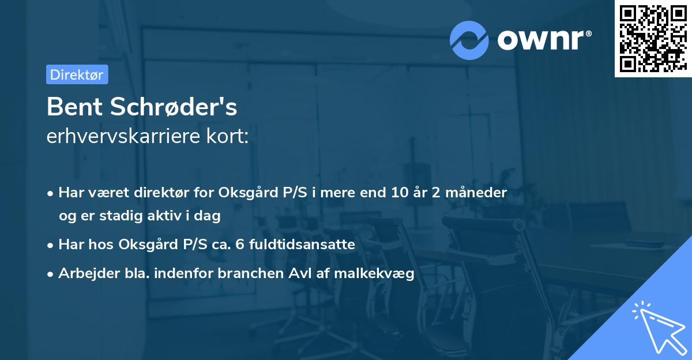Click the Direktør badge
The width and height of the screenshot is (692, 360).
coord(77,74)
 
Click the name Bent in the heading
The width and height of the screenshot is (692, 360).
coord(74,107)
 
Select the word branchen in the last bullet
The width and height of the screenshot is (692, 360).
coord(250,274)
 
